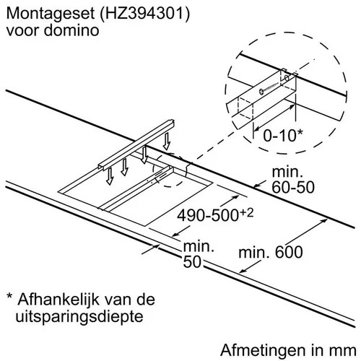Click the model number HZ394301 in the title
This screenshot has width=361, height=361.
pos(144,13)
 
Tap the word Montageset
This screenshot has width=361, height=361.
pos(51,14)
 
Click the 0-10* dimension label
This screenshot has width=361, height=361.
pos(283,135)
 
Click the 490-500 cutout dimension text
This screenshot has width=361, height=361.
pos(208,215)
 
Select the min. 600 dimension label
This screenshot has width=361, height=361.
pos(271,252)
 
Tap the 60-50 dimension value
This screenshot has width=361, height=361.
pos(293,187)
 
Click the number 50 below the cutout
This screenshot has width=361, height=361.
pos(192,261)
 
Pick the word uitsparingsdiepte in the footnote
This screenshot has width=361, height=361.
pos(79,317)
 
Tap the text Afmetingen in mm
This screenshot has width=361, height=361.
pos(288,350)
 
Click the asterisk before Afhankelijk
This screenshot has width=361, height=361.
pos(9,295)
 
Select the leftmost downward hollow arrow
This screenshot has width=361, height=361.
pos(110,176)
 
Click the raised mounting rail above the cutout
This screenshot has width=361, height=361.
pos(136,144)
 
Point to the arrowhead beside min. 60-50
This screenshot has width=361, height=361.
pos(257,185)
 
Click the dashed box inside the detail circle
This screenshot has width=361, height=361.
pos(245,108)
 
